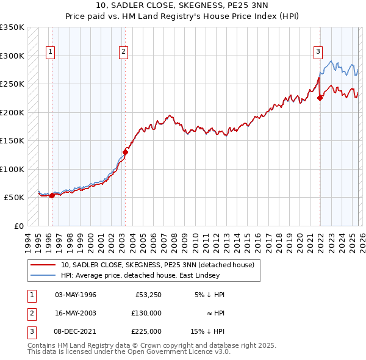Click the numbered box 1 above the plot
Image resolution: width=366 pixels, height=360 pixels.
49,52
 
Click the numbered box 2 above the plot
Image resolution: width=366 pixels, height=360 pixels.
123,52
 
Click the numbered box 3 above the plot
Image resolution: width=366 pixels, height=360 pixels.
318,52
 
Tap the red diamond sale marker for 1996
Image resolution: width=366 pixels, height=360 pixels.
52,195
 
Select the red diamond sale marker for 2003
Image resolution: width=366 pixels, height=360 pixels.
125,152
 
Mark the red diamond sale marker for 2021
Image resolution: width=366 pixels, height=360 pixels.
320,98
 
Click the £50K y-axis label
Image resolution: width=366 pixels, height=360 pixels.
14,198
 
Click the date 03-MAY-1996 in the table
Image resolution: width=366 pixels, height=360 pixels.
75,294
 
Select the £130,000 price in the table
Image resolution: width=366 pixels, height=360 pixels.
146,312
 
